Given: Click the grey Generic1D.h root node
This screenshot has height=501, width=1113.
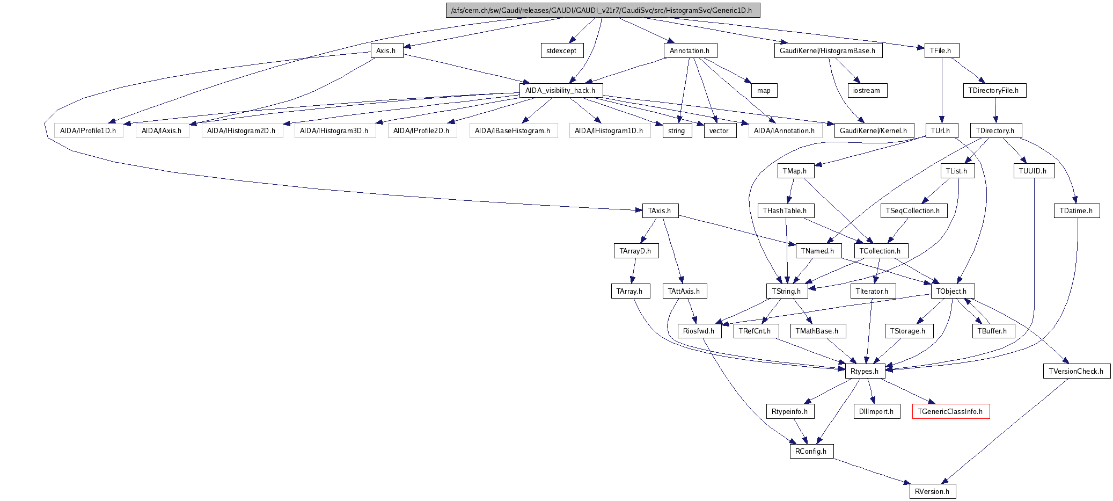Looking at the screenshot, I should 603,10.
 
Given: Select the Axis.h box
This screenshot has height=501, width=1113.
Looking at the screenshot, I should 386,50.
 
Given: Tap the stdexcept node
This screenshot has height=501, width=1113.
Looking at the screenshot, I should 561,50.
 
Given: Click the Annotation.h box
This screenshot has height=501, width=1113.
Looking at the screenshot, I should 690,50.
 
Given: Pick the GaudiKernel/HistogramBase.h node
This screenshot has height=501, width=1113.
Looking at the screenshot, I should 828,50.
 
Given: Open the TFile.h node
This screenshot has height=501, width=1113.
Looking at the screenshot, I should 942,50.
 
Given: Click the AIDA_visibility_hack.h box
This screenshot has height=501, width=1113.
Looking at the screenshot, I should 560,90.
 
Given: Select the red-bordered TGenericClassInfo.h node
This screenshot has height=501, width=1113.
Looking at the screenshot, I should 950,411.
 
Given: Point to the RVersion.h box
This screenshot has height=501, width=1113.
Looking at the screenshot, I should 932,491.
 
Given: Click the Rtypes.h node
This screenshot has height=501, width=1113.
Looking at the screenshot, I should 865,371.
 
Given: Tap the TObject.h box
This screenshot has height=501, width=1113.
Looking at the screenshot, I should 951,291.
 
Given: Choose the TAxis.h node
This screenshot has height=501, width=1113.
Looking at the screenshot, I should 660,210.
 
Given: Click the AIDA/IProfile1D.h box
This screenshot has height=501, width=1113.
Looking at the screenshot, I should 88,130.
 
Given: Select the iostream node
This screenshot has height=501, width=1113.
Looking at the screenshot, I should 867,90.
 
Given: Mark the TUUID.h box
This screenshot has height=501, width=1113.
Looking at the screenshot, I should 1033,171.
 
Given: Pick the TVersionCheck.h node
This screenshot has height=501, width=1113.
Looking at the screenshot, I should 1077,371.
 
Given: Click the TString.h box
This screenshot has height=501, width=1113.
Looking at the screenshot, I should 786,291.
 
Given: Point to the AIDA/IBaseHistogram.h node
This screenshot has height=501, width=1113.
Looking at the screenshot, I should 512,130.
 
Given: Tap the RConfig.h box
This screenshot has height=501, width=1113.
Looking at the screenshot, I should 811,451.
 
